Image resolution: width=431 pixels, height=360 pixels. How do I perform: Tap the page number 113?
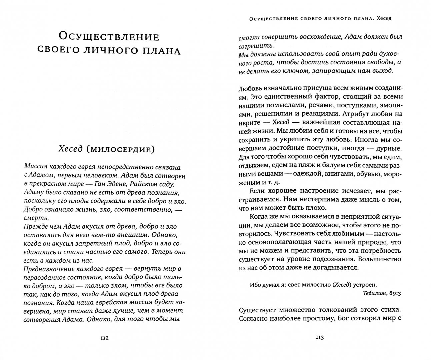tap(319, 338)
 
